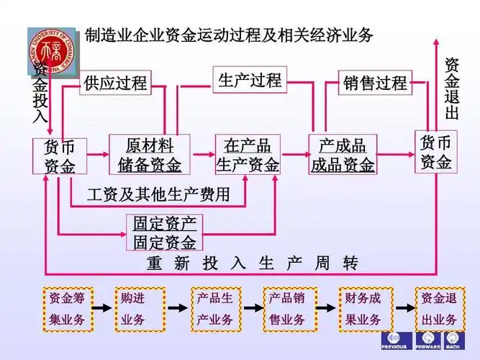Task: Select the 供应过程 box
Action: [x=115, y=83]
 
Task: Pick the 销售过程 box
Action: [x=375, y=83]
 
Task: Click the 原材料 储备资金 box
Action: [x=150, y=155]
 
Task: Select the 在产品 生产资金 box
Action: [x=248, y=155]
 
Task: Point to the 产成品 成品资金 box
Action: [x=343, y=155]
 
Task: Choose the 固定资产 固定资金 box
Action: [x=164, y=233]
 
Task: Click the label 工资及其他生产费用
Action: [x=159, y=194]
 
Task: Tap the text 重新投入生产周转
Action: [x=252, y=263]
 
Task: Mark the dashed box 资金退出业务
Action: [x=438, y=309]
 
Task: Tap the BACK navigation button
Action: [x=453, y=341]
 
